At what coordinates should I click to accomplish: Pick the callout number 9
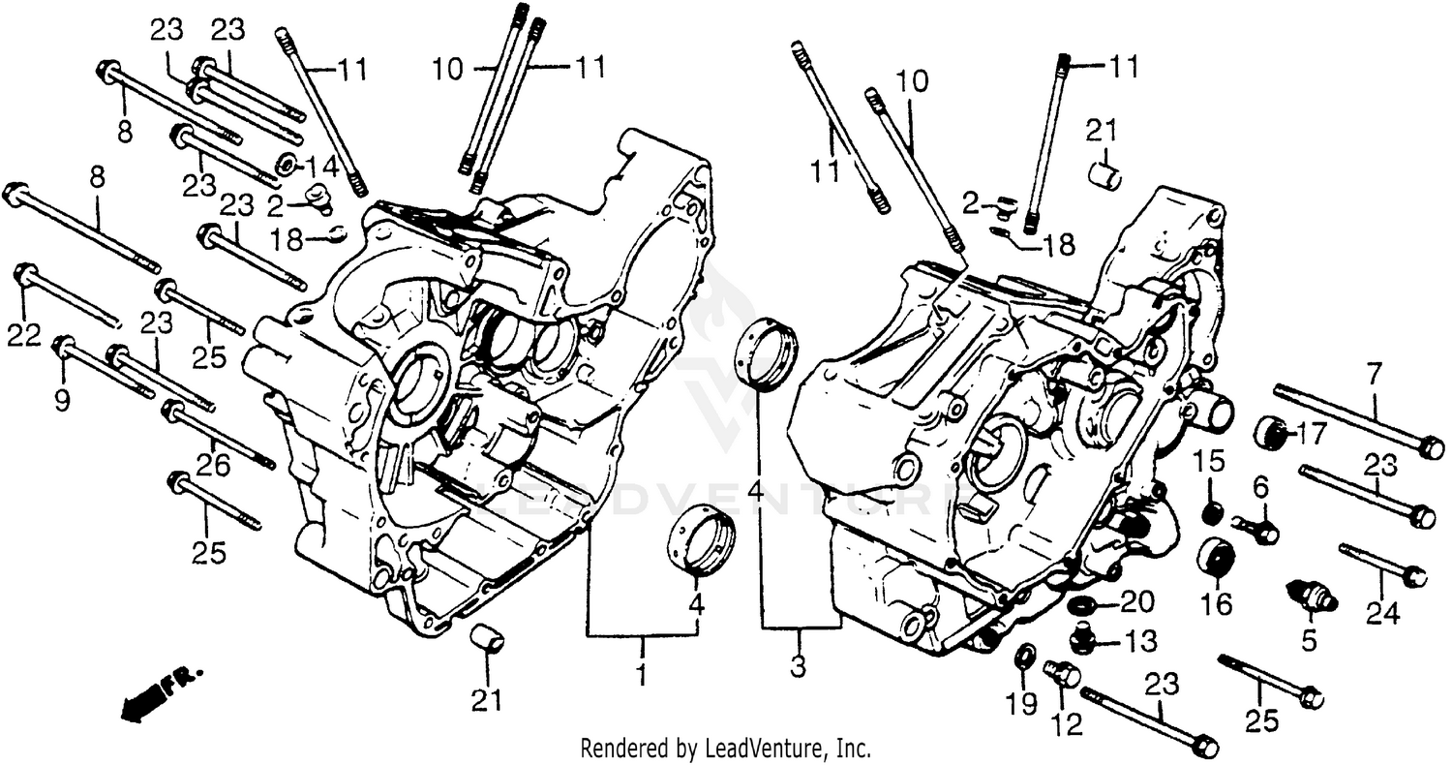(x=62, y=399)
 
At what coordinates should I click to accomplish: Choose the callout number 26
(x=214, y=466)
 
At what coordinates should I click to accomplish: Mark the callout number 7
(x=1376, y=374)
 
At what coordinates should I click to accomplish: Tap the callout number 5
(x=1309, y=640)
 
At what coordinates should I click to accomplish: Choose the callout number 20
(x=1138, y=603)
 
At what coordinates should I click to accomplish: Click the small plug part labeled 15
(x=1212, y=510)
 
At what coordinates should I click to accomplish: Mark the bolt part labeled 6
(x=1256, y=529)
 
